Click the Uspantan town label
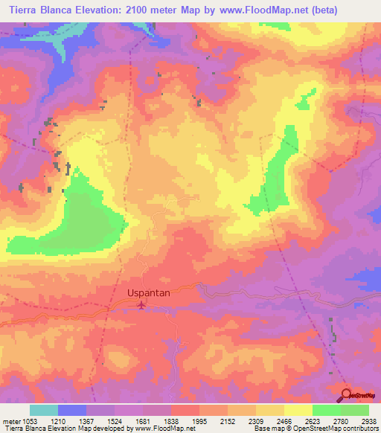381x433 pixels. point(149,293)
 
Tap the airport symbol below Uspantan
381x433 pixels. point(144,304)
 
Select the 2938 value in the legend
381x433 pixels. point(368,421)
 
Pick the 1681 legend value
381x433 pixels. point(142,421)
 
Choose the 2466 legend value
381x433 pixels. point(284,421)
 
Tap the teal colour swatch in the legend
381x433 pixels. point(43,410)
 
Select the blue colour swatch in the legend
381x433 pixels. point(71,410)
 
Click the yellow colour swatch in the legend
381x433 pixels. point(298,410)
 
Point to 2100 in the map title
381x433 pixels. point(131,10)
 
